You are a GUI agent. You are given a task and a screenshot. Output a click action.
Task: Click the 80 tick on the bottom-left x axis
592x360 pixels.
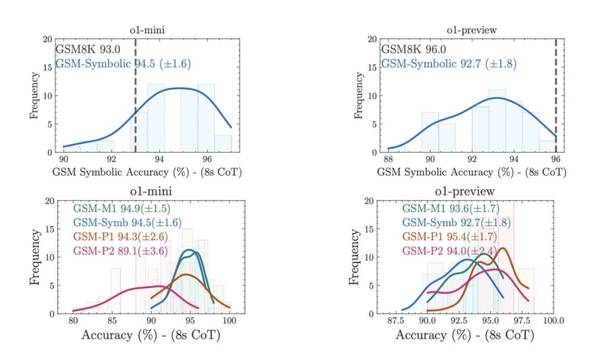(73, 321)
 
